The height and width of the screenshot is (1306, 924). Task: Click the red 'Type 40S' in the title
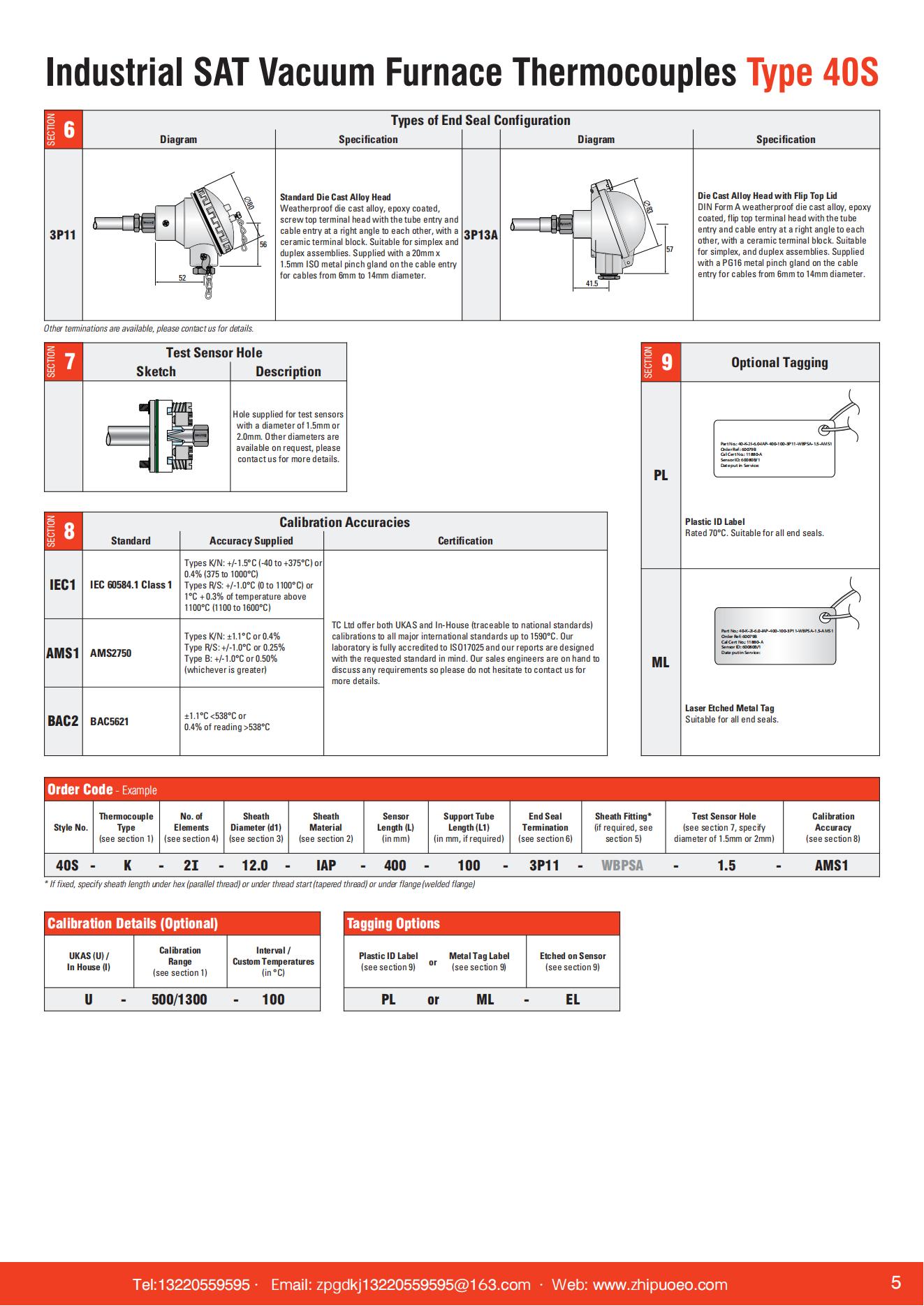812,73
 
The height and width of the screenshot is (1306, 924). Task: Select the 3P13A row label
481,235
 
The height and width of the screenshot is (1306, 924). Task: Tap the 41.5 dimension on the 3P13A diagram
592,283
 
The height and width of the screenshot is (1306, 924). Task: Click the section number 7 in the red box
70,362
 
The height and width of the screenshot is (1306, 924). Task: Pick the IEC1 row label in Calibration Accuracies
63,585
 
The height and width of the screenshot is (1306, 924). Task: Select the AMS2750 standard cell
110,653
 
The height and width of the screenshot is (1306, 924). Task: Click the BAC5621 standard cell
110,722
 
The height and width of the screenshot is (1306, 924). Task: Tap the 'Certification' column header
465,541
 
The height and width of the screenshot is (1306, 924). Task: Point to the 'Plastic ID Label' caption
714,521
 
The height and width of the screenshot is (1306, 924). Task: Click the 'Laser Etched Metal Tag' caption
729,708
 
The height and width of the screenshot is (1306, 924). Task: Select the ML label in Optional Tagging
660,662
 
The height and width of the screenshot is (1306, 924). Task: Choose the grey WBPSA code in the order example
622,866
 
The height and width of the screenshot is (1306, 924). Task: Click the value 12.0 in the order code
255,866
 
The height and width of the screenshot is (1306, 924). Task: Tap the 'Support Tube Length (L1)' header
469,827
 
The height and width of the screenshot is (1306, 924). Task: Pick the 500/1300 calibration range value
179,1000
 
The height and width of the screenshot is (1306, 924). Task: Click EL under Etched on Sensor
573,1000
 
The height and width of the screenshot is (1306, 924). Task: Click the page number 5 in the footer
896,1282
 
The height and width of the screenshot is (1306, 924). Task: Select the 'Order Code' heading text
80,789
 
